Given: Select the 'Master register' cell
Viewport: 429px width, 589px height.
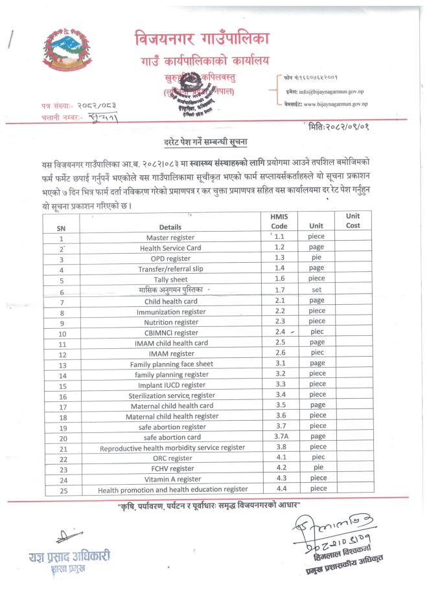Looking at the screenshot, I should tap(170, 238).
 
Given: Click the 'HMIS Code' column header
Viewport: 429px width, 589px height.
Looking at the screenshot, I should tap(282, 221).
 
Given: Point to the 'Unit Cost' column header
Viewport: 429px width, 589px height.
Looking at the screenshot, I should tap(353, 221).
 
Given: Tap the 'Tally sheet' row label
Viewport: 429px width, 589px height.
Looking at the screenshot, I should tap(170, 280).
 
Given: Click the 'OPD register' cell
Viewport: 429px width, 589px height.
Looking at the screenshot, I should tap(170, 259).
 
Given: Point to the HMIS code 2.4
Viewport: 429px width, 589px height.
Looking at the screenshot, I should tap(280, 332).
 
